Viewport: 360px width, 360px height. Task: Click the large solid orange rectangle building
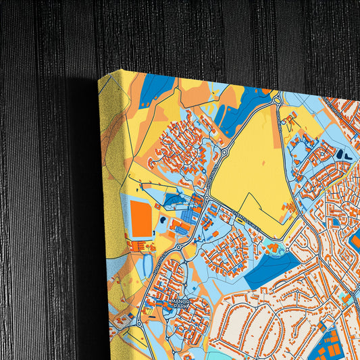141,220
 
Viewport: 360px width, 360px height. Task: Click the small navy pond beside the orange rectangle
163,220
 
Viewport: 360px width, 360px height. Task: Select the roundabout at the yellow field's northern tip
277,101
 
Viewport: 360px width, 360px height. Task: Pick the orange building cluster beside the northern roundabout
289,122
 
